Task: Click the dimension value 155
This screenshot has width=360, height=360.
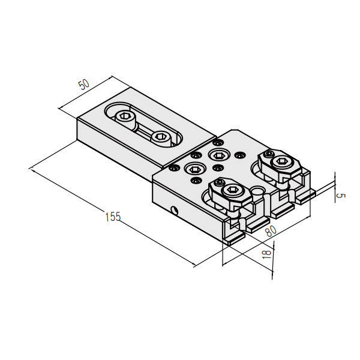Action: [x=113, y=217]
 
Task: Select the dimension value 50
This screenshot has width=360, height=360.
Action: [x=84, y=84]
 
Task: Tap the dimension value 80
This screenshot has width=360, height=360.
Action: [x=271, y=230]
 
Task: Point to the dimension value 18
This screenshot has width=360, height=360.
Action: [x=266, y=254]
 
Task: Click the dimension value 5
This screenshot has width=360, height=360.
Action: [x=340, y=196]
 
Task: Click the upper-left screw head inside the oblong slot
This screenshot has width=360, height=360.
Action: [x=124, y=117]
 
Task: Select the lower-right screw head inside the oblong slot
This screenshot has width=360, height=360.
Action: [x=161, y=137]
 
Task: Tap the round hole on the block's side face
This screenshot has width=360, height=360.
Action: [x=174, y=210]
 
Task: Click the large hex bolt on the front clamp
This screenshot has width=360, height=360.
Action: [x=232, y=190]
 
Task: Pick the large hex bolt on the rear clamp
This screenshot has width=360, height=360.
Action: [x=281, y=162]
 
